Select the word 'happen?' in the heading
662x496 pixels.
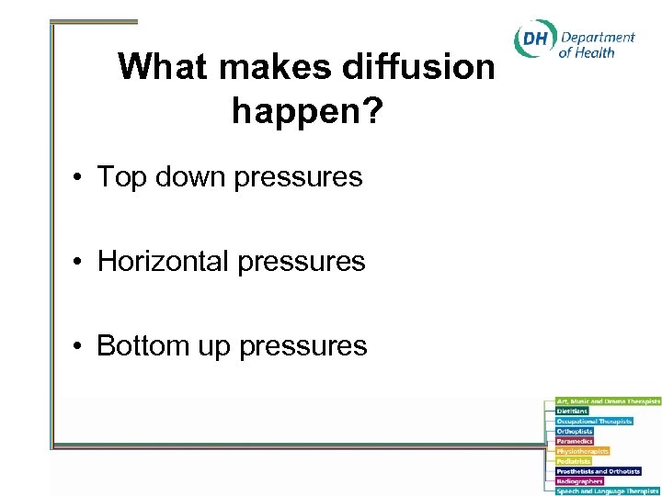click(307, 111)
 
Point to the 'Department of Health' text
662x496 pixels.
click(597, 44)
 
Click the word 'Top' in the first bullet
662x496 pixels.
click(117, 176)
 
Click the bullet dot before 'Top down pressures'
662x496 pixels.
click(82, 177)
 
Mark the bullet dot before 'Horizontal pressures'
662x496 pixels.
click(82, 262)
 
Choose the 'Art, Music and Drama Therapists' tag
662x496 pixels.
click(608, 401)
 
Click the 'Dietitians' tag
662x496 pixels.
click(572, 411)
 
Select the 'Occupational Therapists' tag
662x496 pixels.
click(594, 421)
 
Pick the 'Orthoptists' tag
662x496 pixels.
click(575, 431)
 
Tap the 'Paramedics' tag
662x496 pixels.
click(575, 441)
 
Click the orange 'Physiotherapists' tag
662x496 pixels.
click(582, 451)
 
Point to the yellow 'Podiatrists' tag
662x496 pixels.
click(574, 461)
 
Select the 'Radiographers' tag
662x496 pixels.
click(579, 480)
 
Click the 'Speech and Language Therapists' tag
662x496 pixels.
click(608, 490)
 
